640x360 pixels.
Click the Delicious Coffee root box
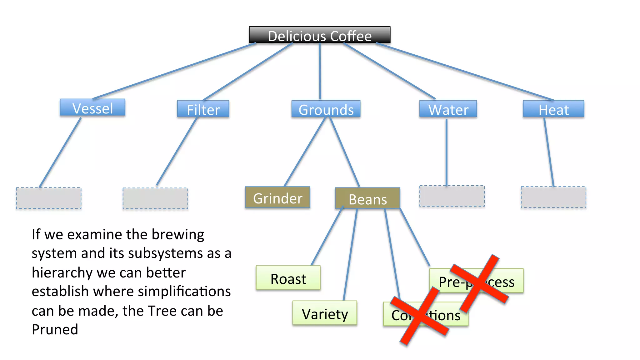click(x=319, y=35)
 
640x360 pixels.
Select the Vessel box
click(x=92, y=108)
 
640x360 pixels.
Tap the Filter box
click(x=203, y=109)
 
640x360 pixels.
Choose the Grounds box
click(x=326, y=109)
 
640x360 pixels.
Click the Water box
click(x=448, y=109)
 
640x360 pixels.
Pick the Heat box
click(x=553, y=109)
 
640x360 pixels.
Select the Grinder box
click(x=277, y=197)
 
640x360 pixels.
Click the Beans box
click(x=367, y=198)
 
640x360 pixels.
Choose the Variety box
click(x=324, y=313)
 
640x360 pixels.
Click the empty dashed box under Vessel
click(x=49, y=198)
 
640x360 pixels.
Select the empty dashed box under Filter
click(x=155, y=198)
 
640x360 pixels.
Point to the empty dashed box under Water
click(x=452, y=196)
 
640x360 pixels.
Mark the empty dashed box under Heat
click(x=553, y=197)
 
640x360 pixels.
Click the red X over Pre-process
click(x=479, y=282)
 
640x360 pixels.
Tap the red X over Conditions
click(x=420, y=316)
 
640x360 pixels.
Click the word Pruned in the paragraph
click(x=55, y=330)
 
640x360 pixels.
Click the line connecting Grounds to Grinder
click(x=305, y=152)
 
